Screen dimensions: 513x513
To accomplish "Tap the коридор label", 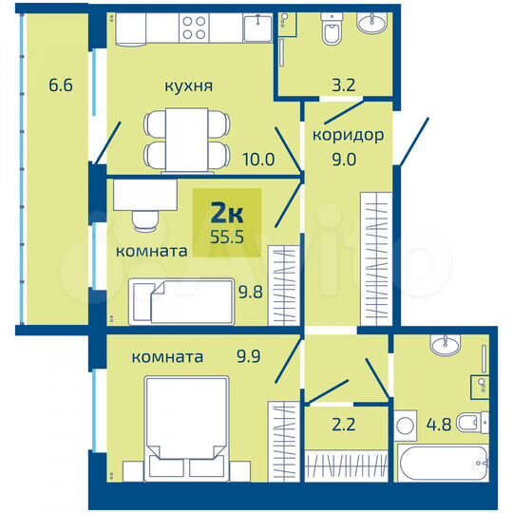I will (348, 135).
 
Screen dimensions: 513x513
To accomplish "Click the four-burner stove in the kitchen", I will (196, 28).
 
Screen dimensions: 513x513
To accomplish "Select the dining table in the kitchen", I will (187, 139).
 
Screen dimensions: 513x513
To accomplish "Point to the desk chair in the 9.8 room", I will (144, 220).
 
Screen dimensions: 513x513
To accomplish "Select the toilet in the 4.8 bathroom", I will (469, 422).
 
